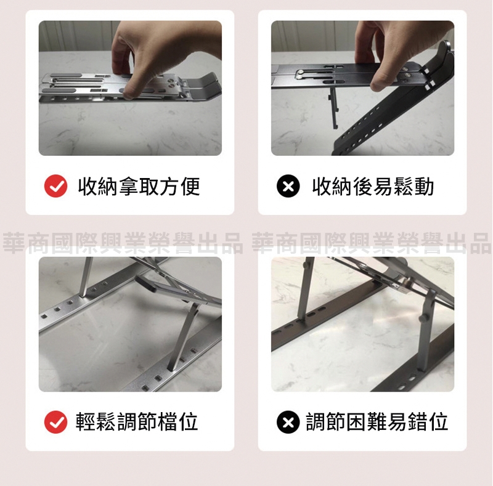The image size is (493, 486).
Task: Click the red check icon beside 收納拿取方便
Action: pyautogui.click(x=55, y=186)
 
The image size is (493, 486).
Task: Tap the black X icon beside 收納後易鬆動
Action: pyautogui.click(x=288, y=186)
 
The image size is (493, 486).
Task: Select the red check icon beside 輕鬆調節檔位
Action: pyautogui.click(x=55, y=422)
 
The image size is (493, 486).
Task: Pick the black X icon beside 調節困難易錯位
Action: pyautogui.click(x=288, y=422)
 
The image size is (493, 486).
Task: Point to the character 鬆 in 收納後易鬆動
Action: pyautogui.click(x=404, y=186)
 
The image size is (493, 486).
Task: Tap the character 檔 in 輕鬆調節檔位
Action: pyautogui.click(x=168, y=421)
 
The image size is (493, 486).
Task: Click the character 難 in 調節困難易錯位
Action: pyautogui.click(x=377, y=421)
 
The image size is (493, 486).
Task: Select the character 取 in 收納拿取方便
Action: pyautogui.click(x=149, y=186)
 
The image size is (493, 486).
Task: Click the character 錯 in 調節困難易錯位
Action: pyautogui.click(x=418, y=421)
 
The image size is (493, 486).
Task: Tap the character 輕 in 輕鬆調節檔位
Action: pyautogui.click(x=86, y=421)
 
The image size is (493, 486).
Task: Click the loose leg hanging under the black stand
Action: pyautogui.click(x=334, y=108)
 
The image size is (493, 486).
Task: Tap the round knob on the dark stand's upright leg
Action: pyautogui.click(x=423, y=318)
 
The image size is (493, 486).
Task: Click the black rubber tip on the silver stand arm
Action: pyautogui.click(x=145, y=284)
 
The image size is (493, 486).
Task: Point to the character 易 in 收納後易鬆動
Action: pyautogui.click(x=383, y=186)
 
